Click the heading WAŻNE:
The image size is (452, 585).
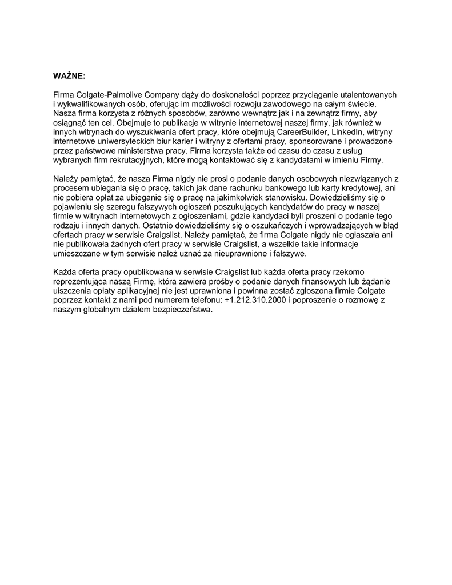click(x=69, y=76)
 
